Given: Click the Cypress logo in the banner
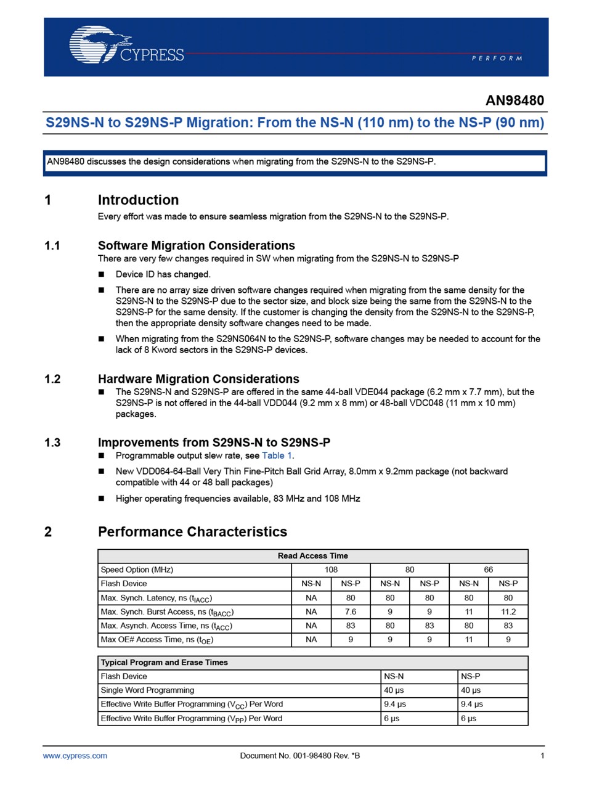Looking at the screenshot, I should point(126,45).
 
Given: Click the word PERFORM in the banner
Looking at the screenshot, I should point(497,58).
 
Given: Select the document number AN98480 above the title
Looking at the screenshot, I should point(514,100).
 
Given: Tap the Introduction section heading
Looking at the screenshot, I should point(138,200).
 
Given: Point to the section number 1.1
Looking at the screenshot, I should point(52,245).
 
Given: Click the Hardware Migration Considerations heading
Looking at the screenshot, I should point(198,379).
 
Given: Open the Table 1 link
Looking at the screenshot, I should point(277,456).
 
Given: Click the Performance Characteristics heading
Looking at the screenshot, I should point(192,531).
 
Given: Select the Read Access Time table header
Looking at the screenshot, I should point(312,556).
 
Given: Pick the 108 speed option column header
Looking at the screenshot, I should point(331,570).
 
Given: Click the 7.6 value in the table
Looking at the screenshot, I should point(351,612).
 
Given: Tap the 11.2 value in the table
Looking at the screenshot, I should point(508,612).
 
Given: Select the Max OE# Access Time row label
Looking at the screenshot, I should point(157,640).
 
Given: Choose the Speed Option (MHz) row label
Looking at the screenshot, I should point(137,570).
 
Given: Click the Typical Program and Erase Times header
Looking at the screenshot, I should point(165,663).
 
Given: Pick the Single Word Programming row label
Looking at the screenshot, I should point(147,690).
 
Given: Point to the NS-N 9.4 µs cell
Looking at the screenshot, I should point(395,704).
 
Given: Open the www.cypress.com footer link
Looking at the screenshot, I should point(75,756).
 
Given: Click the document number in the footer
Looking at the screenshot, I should point(300,756).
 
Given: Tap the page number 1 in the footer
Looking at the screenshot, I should point(542,756).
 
